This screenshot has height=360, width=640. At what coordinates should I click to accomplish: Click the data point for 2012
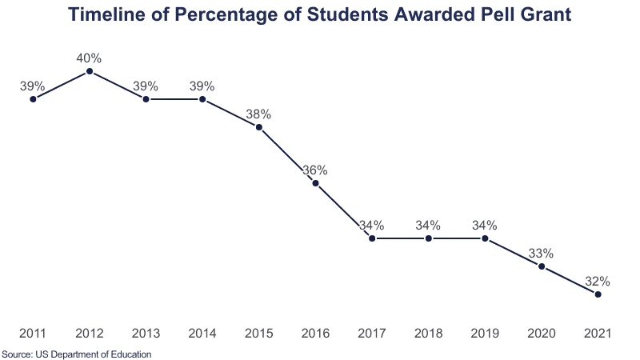pyautogui.click(x=90, y=71)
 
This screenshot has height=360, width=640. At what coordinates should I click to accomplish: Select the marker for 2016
pyautogui.click(x=316, y=183)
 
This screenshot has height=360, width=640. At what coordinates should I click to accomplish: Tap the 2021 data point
pyautogui.click(x=598, y=294)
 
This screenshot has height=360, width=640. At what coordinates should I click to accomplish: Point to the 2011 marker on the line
pyautogui.click(x=33, y=99)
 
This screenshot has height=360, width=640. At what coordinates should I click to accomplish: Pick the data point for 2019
pyautogui.click(x=486, y=238)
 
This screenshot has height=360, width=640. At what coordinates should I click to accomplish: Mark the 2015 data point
pyautogui.click(x=259, y=127)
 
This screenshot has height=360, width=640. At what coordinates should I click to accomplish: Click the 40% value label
pyautogui.click(x=90, y=58)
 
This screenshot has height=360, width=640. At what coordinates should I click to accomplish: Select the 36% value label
pyautogui.click(x=315, y=170)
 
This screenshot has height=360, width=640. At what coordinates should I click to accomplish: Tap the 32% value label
pyautogui.click(x=598, y=281)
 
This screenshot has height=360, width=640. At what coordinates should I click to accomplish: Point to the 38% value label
pyautogui.click(x=259, y=114)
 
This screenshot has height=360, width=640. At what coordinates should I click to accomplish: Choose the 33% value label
pyautogui.click(x=542, y=253)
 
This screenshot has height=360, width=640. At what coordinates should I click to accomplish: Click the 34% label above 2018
pyautogui.click(x=429, y=225)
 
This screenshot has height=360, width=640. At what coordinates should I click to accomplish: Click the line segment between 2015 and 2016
pyautogui.click(x=288, y=155)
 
